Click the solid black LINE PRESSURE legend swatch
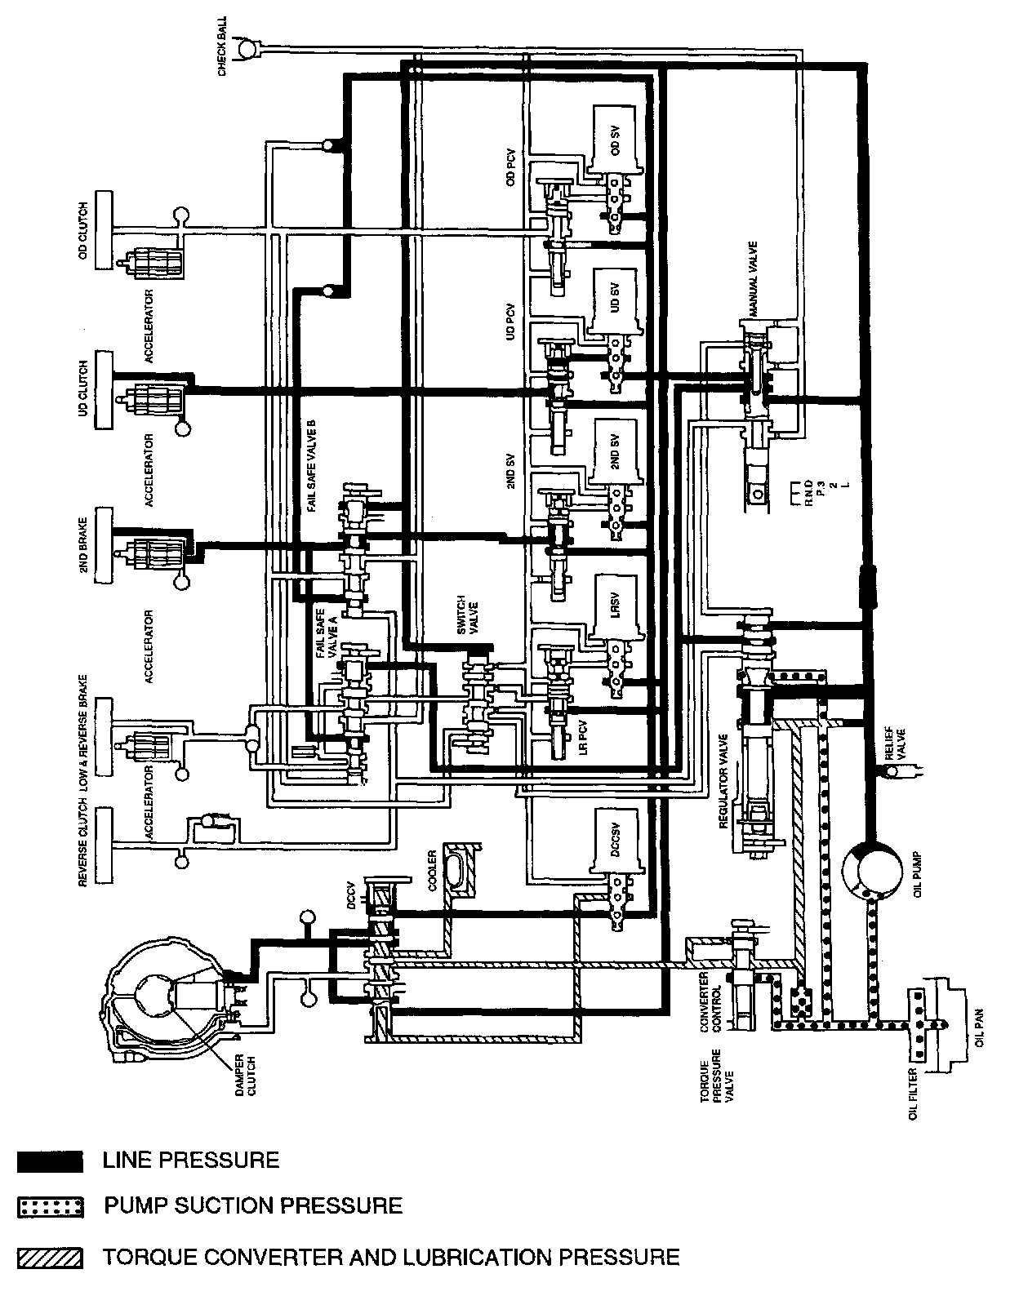(x=50, y=1161)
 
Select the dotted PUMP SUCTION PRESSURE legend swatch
(x=50, y=1207)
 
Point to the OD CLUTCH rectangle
(x=104, y=230)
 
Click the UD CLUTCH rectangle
(x=104, y=390)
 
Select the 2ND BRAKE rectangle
(x=104, y=545)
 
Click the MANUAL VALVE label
(x=752, y=278)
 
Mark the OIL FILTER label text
(x=914, y=1094)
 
